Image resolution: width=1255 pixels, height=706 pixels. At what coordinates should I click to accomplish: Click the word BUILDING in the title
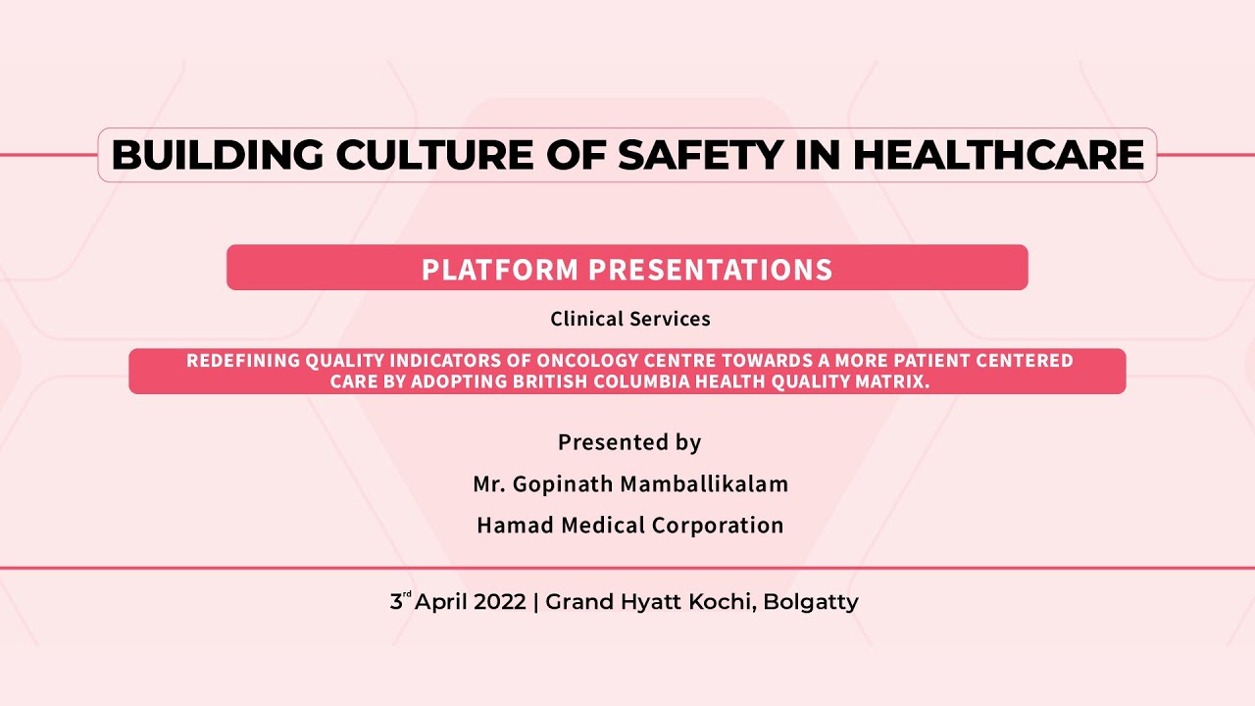tap(218, 155)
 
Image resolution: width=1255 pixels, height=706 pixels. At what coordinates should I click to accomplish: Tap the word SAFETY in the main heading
tap(700, 155)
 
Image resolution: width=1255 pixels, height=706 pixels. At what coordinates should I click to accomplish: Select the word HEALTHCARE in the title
tap(998, 155)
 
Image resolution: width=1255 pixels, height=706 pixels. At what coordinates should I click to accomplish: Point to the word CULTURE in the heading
tap(434, 155)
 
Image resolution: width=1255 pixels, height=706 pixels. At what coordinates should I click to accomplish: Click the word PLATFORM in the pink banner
tap(500, 270)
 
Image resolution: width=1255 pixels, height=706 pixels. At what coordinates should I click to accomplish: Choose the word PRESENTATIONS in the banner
tap(711, 270)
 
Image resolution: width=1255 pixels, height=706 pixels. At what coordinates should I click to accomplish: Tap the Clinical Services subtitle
tap(630, 319)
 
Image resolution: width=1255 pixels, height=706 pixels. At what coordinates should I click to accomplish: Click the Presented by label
tap(629, 442)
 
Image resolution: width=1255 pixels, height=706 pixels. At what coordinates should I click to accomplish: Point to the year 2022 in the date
tap(500, 602)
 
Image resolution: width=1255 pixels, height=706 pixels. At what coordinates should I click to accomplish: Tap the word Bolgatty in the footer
tap(811, 603)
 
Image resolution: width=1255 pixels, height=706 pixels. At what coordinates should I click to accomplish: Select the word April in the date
tap(441, 603)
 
